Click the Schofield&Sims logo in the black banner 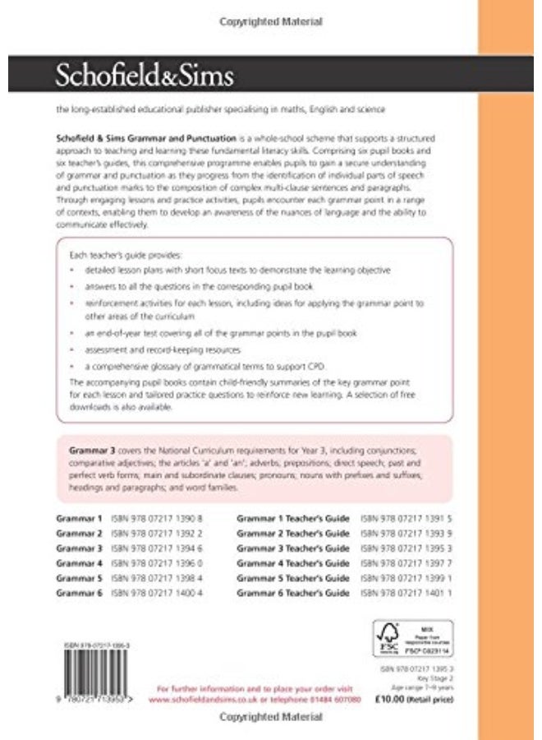(145, 76)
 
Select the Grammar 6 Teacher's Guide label (292, 593)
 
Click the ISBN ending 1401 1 (406, 593)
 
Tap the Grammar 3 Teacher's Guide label (292, 548)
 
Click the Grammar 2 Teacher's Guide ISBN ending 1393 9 (406, 534)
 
